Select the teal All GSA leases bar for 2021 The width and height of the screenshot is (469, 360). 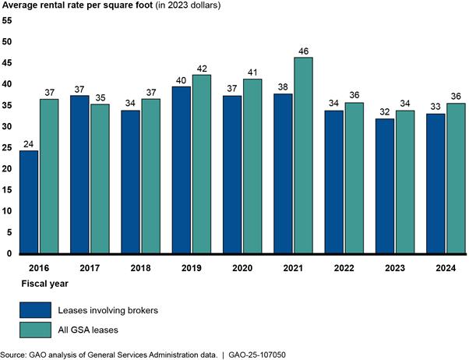[x=303, y=155]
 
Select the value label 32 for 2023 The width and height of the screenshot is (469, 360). [x=385, y=111]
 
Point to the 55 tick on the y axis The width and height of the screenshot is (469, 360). [x=7, y=20]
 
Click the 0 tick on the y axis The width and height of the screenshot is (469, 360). [x=9, y=254]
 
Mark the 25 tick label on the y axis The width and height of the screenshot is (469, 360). [x=7, y=148]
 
